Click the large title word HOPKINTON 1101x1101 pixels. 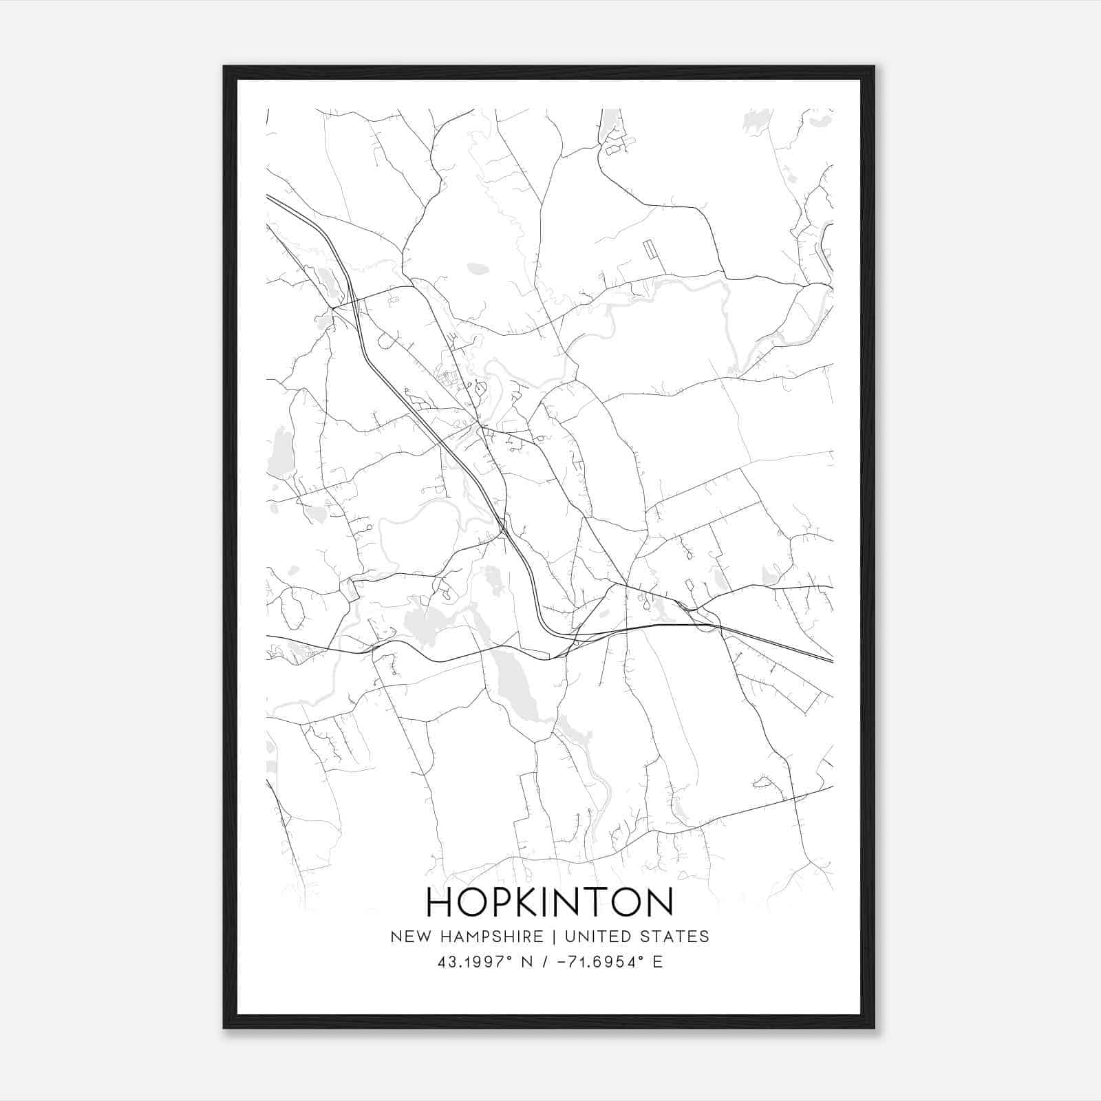click(x=550, y=902)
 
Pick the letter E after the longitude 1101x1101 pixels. click(x=659, y=962)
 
